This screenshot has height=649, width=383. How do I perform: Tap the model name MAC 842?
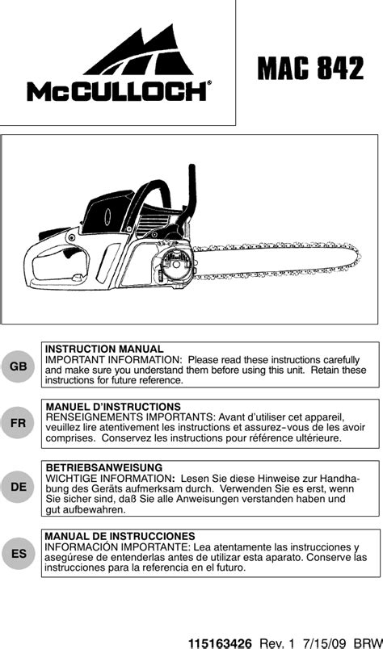click(x=310, y=68)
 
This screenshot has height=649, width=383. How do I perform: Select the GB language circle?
click(x=19, y=366)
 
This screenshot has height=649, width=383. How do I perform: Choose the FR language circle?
click(x=19, y=423)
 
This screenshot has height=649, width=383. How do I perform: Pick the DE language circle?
click(x=19, y=488)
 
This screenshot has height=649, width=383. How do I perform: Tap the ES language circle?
click(x=19, y=554)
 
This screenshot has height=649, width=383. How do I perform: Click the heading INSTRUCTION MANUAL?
click(x=104, y=349)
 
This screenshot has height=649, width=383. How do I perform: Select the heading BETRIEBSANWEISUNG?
click(x=104, y=467)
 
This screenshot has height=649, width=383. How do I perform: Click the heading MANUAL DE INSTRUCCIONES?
click(x=120, y=537)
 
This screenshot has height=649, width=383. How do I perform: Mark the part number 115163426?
click(x=220, y=643)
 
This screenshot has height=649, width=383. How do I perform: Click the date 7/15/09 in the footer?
click(x=323, y=643)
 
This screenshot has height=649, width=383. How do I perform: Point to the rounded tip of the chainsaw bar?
click(x=356, y=258)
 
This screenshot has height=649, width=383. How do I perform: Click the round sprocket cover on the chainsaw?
click(x=177, y=266)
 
